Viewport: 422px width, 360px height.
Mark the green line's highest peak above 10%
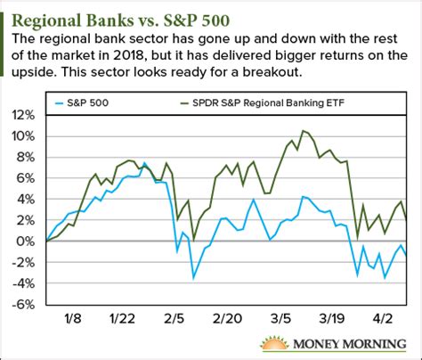click(x=304, y=131)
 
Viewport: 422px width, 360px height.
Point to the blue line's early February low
click(x=193, y=278)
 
